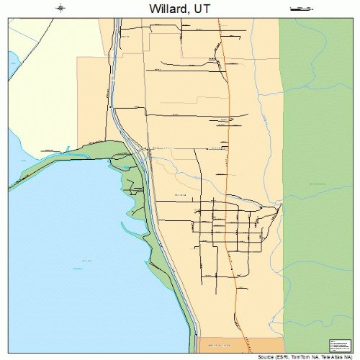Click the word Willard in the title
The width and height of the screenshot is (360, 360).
169,9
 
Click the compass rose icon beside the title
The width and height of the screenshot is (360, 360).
61,9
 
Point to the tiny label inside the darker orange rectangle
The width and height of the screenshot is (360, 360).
225,343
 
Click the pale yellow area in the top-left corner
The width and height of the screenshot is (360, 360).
36,36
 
